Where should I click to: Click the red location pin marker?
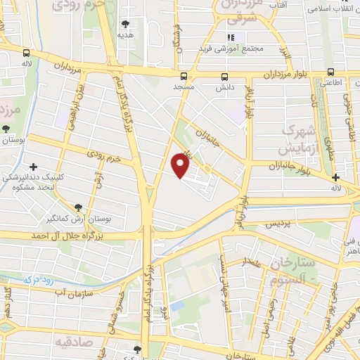coord(181,165)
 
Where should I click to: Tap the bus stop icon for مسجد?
coord(184,76)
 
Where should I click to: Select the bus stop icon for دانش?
coord(225,77)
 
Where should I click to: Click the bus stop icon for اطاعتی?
coord(330,71)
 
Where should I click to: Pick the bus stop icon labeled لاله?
coord(26,53)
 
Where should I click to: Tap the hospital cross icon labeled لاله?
coord(336,177)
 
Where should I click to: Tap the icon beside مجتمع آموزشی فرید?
coord(229,37)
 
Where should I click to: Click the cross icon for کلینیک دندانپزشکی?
coord(33,166)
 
